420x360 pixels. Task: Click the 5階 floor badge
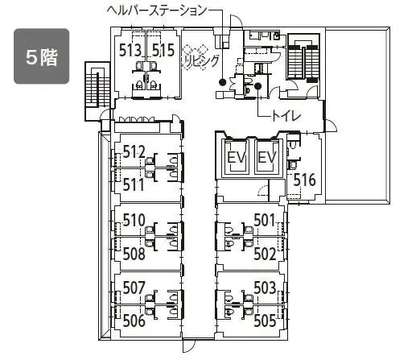point(42,56)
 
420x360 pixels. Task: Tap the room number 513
point(130,50)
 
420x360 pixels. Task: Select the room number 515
point(163,50)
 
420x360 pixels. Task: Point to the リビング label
point(202,61)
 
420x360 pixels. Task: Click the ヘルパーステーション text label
point(157,10)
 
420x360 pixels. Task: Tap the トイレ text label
point(286,116)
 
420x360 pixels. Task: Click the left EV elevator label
point(237,157)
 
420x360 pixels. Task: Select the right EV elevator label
point(266,157)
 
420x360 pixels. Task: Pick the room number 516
point(304,180)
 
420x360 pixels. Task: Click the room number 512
point(134,151)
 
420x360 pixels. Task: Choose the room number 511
point(134,185)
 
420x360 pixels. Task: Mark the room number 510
point(134,220)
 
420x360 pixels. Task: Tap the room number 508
point(134,254)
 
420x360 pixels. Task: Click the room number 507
point(134,288)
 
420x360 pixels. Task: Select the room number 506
point(134,321)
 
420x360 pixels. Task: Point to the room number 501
point(265,220)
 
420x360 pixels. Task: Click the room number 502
point(265,254)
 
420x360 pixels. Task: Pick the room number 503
point(265,288)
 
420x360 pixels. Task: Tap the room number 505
point(265,321)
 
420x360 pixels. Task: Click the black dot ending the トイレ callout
point(257,86)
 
